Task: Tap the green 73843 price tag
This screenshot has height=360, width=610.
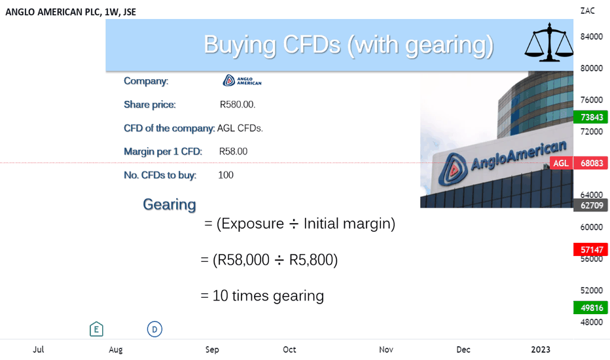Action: click(591, 117)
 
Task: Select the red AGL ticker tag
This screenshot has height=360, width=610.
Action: click(561, 163)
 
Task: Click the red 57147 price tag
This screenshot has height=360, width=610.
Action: click(591, 249)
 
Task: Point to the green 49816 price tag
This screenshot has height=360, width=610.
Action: click(591, 308)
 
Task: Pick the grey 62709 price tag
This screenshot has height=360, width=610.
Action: click(591, 205)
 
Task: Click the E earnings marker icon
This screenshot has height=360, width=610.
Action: click(96, 329)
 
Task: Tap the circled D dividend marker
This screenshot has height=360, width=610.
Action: click(154, 329)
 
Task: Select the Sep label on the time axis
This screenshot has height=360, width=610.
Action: click(212, 350)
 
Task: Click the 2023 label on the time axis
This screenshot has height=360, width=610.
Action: click(541, 350)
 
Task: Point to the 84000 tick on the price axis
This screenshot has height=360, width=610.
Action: click(591, 37)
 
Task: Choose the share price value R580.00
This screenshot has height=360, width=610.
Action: click(238, 104)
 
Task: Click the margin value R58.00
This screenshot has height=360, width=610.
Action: click(233, 151)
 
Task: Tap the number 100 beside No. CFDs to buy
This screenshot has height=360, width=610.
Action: click(226, 175)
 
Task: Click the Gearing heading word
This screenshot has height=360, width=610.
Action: click(170, 205)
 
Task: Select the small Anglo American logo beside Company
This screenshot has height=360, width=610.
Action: click(242, 81)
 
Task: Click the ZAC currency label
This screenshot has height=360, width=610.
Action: click(588, 11)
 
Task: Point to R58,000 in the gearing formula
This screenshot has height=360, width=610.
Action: click(241, 260)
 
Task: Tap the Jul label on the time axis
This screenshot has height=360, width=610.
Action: click(38, 350)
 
